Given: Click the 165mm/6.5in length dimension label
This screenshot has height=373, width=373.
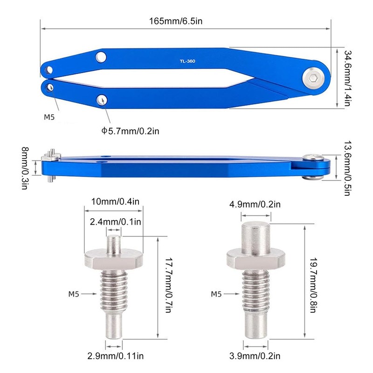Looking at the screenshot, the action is tap(176, 21).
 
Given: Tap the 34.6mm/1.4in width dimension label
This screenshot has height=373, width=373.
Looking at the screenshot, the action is tap(347, 78).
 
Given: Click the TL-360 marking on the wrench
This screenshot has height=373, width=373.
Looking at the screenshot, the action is tap(187, 61).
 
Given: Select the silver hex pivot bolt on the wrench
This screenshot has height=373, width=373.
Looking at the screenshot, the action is tap(314, 78).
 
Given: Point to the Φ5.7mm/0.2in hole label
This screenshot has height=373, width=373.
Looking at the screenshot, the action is tap(130, 131).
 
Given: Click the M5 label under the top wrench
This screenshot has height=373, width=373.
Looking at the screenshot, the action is tap(49, 117).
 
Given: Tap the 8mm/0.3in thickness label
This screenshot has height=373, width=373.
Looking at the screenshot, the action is tap(25, 168).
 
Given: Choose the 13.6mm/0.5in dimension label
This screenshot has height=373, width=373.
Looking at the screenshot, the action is tap(347, 168).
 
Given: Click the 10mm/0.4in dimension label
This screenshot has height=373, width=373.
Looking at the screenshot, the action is tap(115, 201).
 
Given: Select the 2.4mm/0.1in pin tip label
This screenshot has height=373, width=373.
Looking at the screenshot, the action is tap(115, 222).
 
